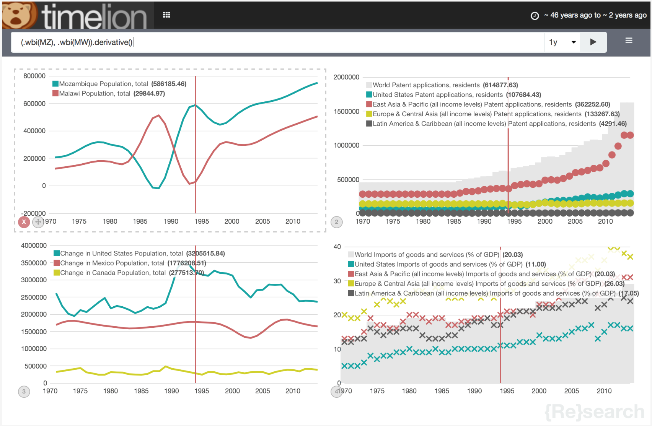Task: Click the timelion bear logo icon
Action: [x=18, y=15]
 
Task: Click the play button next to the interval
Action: [x=593, y=42]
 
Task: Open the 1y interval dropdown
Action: [x=562, y=42]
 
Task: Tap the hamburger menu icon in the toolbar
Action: [x=629, y=41]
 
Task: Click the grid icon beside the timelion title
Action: [x=166, y=15]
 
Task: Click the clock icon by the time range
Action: [x=535, y=16]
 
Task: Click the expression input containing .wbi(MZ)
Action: [x=268, y=42]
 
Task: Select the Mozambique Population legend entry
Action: [x=103, y=84]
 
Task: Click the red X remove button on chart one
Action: [x=24, y=222]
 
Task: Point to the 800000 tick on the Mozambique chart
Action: [x=34, y=76]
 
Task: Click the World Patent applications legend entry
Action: [x=426, y=85]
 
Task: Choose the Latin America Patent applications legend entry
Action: [x=484, y=124]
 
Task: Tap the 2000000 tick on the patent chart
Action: [x=346, y=77]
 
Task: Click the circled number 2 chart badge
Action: [x=337, y=222]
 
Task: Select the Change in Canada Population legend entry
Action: [x=113, y=273]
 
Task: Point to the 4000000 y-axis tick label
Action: [x=34, y=246]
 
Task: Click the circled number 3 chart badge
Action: [x=24, y=391]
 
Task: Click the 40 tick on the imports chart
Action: [x=337, y=247]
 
